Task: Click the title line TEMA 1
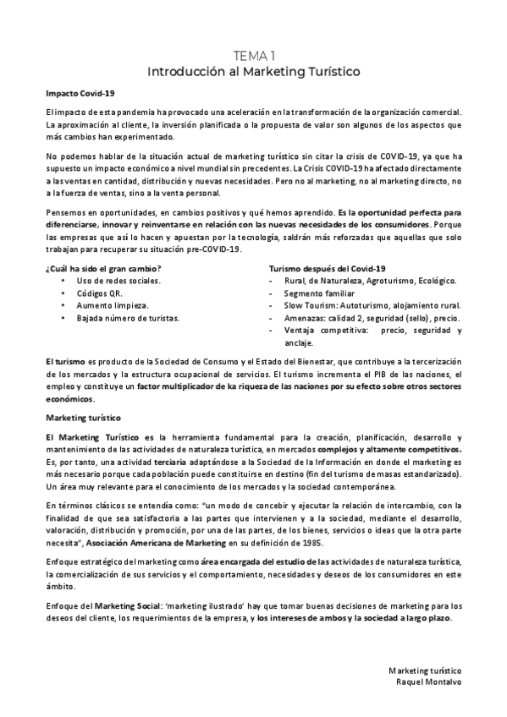coord(253,55)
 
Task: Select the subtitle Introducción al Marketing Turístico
coord(253,71)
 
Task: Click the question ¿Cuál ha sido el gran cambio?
coord(102,268)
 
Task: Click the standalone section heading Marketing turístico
coord(85,418)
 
